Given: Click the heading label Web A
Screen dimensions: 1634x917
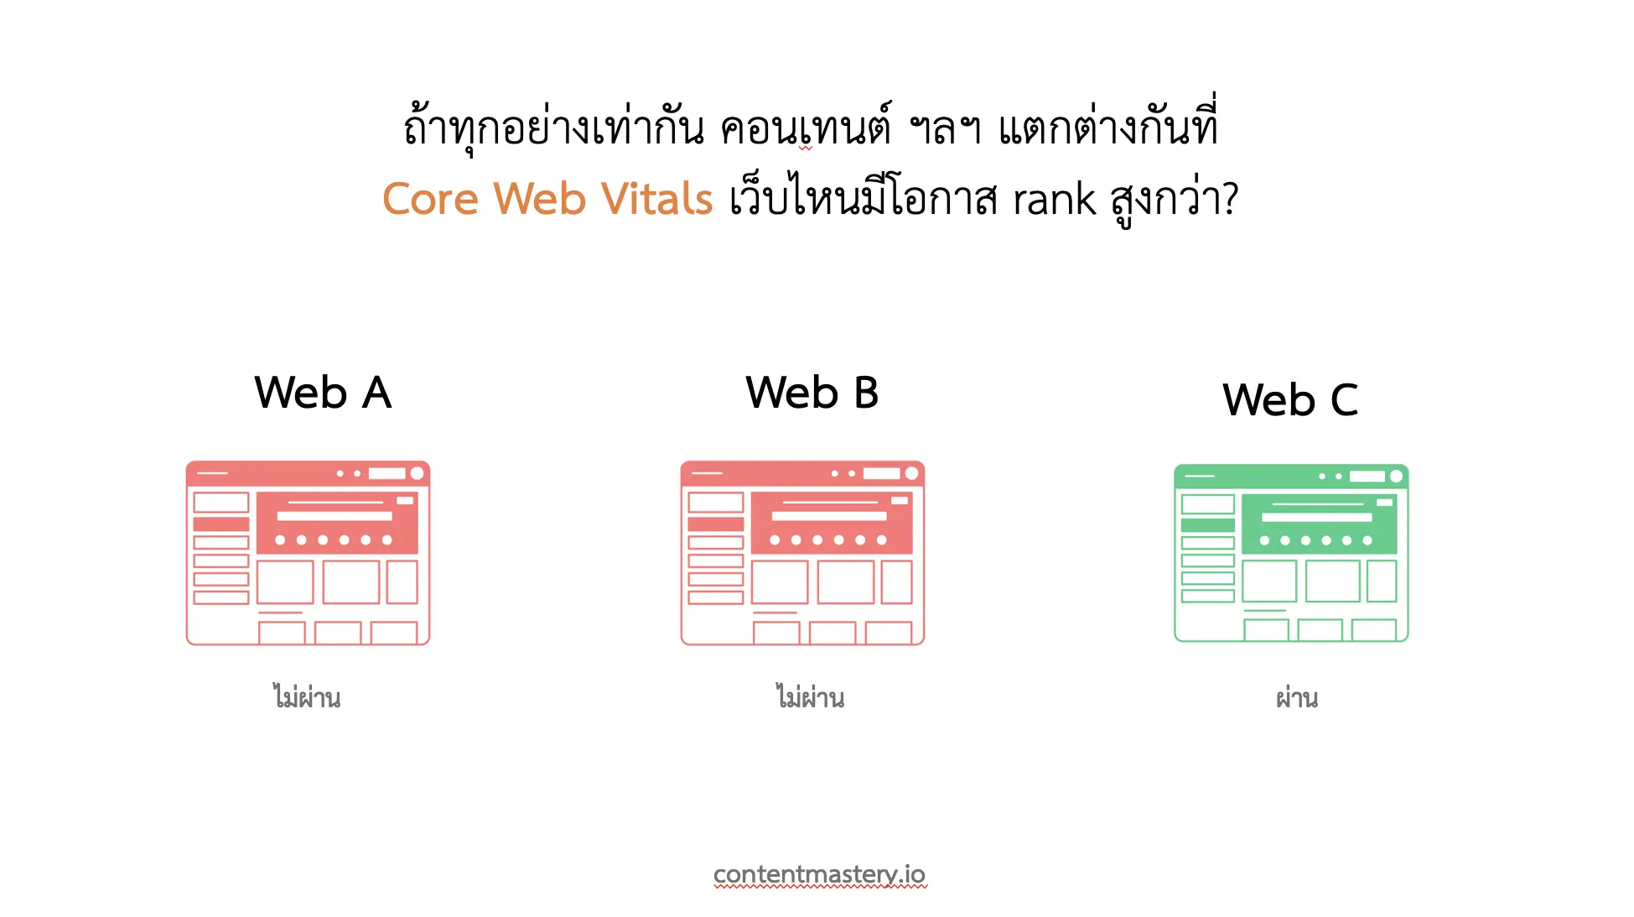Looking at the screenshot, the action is (x=323, y=393).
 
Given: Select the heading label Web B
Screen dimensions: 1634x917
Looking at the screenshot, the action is (x=812, y=393).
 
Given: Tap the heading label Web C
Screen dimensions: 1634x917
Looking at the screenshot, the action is (x=1290, y=399).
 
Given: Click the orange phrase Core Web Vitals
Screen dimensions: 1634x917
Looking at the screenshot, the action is (x=547, y=199).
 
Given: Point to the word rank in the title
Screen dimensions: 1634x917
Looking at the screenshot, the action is (x=1054, y=200).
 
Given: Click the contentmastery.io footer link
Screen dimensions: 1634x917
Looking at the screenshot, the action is (x=819, y=874).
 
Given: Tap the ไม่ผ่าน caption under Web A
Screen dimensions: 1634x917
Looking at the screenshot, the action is (x=307, y=697).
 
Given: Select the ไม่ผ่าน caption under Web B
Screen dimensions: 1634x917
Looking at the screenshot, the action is (x=810, y=697).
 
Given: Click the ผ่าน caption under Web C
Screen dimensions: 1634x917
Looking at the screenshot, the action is (x=1297, y=697).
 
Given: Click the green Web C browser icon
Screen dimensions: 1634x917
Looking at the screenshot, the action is (x=1291, y=553).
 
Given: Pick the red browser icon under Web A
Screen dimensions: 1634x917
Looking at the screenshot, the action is (x=308, y=553).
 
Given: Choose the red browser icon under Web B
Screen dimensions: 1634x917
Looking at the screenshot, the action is (x=802, y=553).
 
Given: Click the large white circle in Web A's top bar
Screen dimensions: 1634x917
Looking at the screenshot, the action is (x=417, y=473).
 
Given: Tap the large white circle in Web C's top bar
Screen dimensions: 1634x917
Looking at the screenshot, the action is (x=1396, y=477).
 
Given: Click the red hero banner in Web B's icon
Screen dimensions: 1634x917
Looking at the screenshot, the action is (x=832, y=523).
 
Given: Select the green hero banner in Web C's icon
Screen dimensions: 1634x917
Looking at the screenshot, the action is (x=1319, y=524).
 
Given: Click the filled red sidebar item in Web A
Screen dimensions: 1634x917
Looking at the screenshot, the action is (x=221, y=524).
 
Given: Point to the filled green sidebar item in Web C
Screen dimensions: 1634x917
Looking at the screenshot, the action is (x=1208, y=525).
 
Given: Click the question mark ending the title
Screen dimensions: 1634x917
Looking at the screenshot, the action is (x=1230, y=200).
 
